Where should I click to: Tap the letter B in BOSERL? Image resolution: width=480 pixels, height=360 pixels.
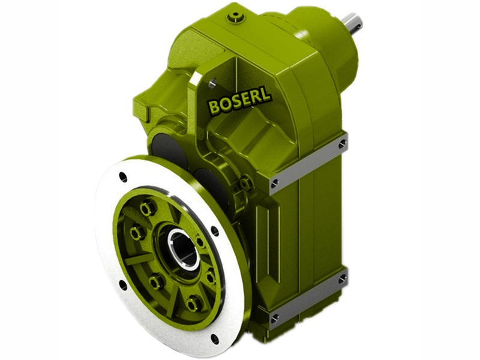[214, 107]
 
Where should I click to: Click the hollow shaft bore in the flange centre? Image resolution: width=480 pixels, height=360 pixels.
[184, 248]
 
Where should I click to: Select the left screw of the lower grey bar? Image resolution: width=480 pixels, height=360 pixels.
[274, 317]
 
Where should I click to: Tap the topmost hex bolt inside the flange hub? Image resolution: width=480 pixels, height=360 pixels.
[146, 208]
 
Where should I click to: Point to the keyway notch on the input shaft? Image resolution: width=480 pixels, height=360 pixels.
[358, 23]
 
